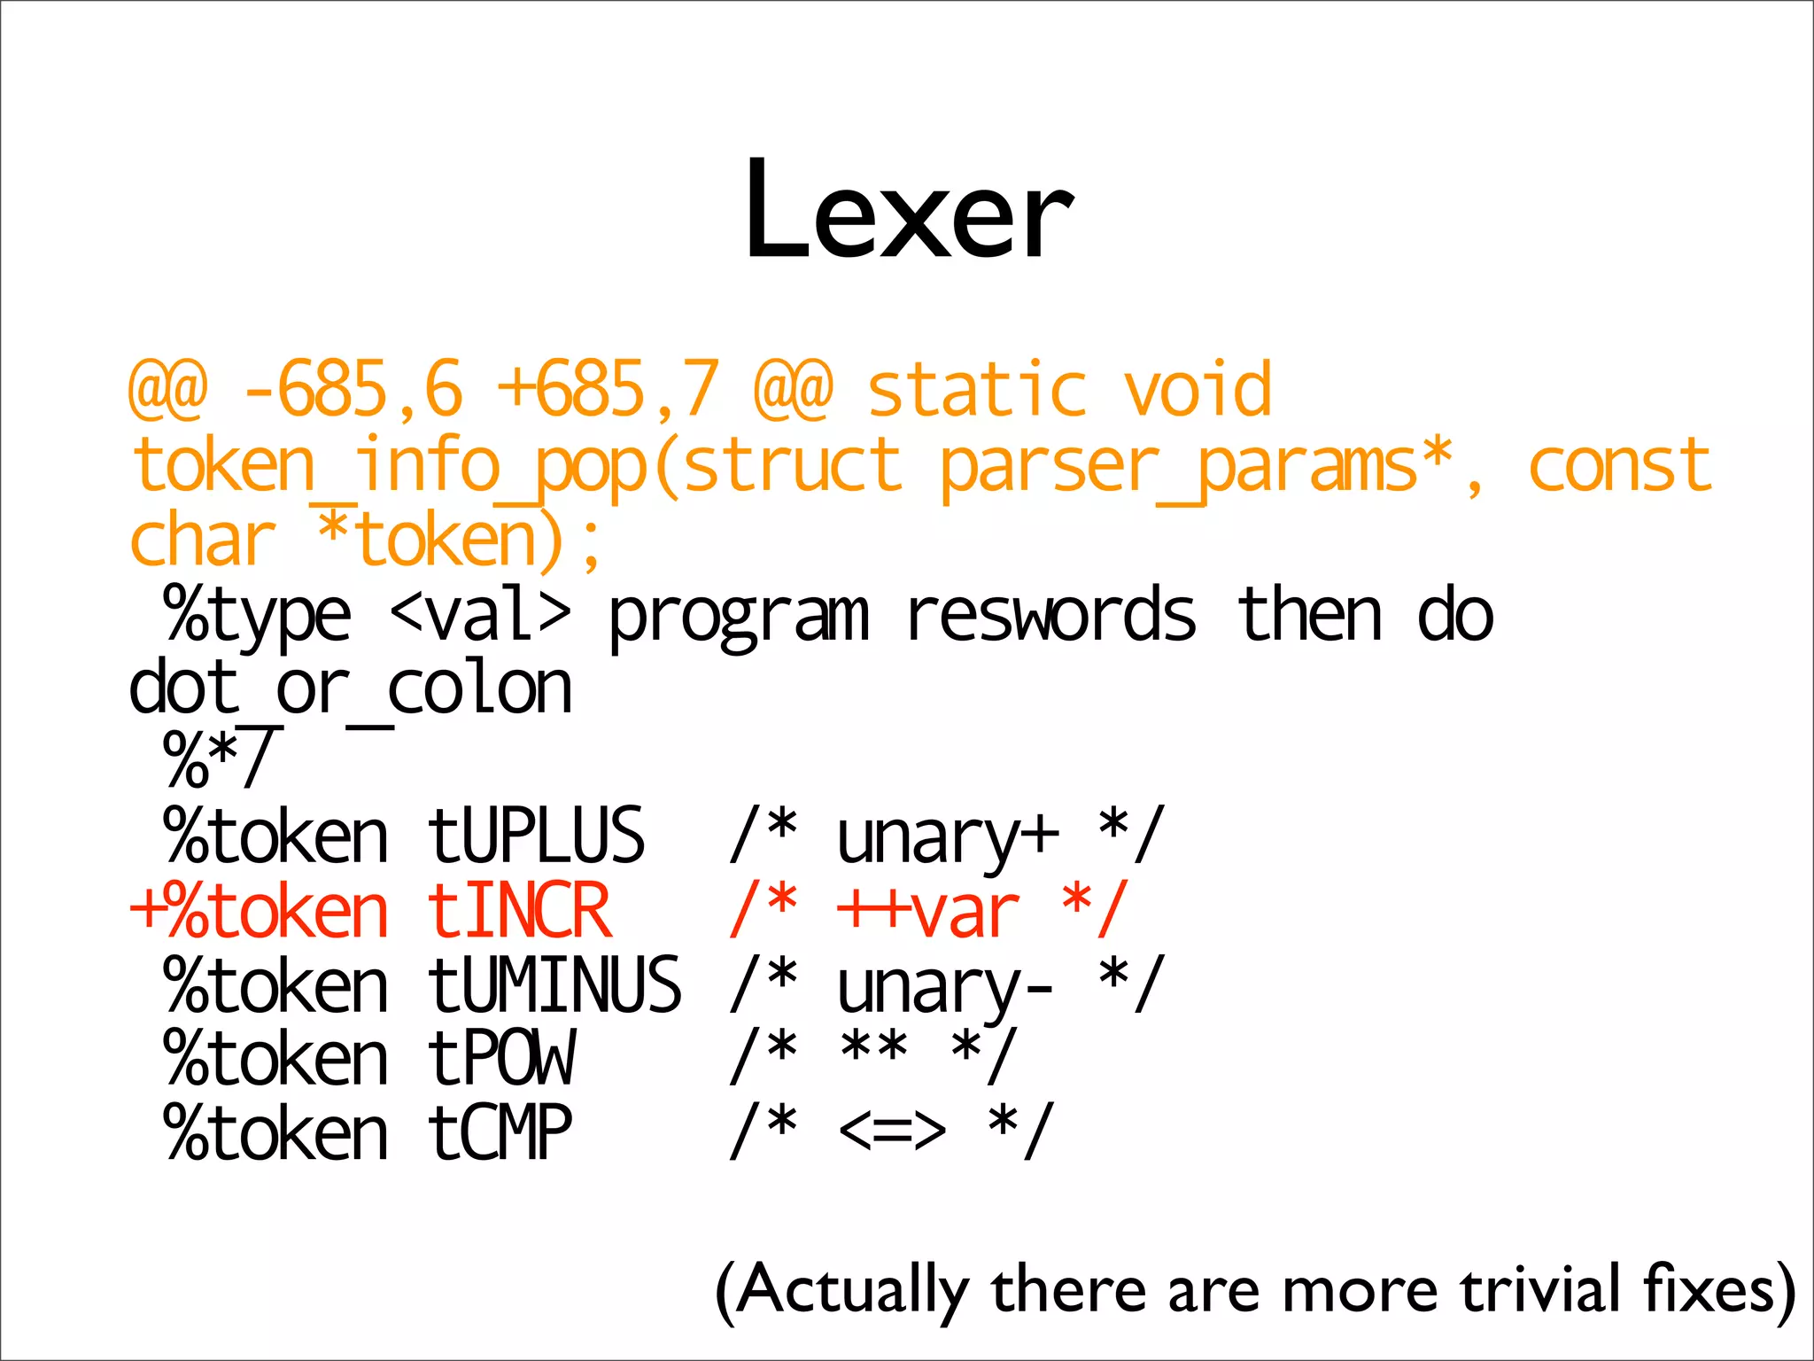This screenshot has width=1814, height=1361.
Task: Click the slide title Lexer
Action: tap(908, 211)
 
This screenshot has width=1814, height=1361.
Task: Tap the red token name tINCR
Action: tap(519, 911)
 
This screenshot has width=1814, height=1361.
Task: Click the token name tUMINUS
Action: tap(554, 985)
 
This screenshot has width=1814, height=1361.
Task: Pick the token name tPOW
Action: tap(501, 1058)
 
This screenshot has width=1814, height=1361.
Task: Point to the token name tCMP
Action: tap(500, 1133)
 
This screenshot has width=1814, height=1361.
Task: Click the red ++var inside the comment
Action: tap(928, 911)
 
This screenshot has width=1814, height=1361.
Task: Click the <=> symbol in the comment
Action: tap(891, 1132)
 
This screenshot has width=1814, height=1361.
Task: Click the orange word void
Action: tap(1198, 390)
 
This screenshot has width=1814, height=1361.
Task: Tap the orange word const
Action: tap(1619, 466)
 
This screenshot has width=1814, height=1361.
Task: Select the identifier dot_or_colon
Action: tap(351, 689)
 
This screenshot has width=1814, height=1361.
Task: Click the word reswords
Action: tap(1050, 615)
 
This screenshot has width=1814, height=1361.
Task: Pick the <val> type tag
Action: tap(480, 615)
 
